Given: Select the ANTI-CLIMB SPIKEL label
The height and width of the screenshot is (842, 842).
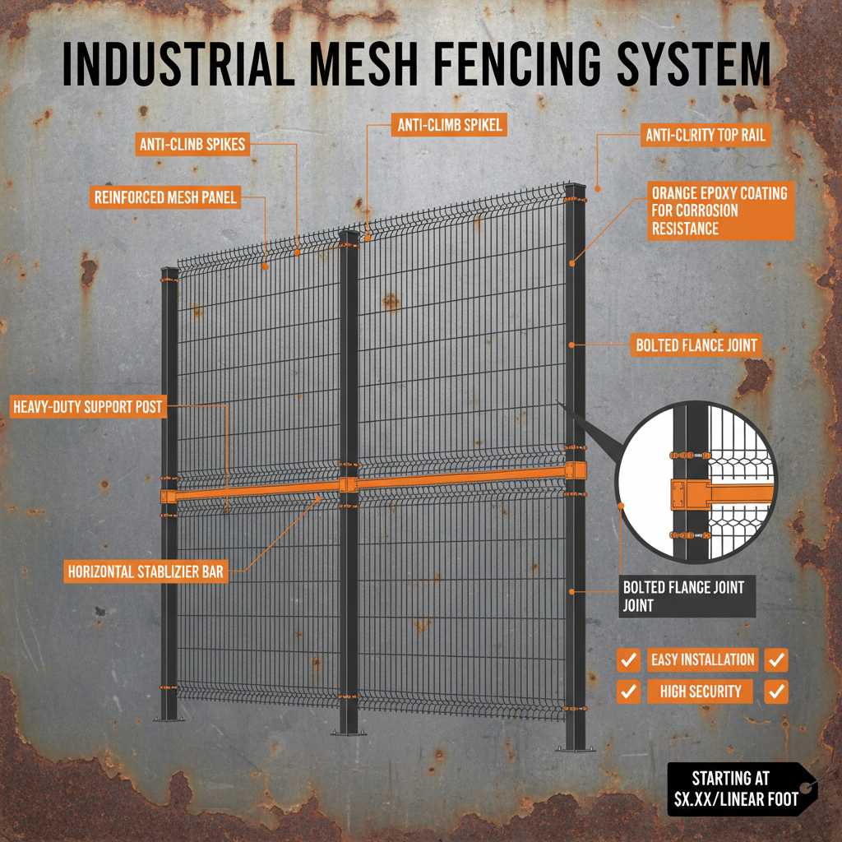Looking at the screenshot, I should (x=448, y=125).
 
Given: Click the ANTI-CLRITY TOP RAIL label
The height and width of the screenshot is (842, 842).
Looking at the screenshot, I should (x=706, y=135).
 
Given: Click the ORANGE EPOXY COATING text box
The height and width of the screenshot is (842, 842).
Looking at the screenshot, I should (x=720, y=210).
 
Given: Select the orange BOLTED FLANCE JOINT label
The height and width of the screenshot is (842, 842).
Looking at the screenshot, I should (x=696, y=345).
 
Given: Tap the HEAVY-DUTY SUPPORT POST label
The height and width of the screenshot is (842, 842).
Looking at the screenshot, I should (x=87, y=406).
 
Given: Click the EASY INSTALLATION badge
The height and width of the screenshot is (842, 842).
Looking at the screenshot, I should (x=702, y=659).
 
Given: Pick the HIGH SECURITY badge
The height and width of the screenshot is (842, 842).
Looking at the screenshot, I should (x=700, y=692).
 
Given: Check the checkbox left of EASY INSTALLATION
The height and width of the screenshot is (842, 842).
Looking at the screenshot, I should (x=629, y=659).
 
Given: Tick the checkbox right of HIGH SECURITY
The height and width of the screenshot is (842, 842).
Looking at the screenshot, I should (x=775, y=692).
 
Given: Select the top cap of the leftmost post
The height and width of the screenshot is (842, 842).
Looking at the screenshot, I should (x=169, y=271).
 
